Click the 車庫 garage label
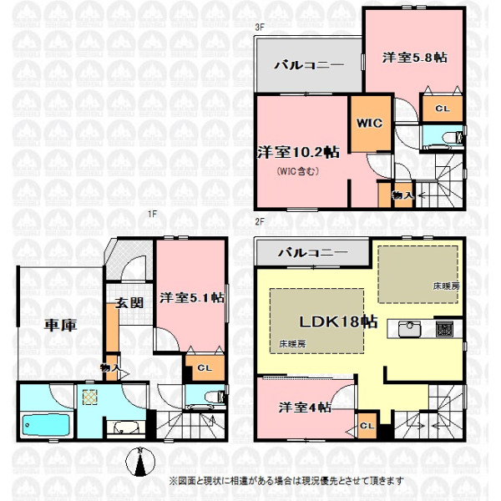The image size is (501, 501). click(x=60, y=326)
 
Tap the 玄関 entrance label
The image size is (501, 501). click(x=129, y=302)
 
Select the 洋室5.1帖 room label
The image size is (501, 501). click(x=192, y=298)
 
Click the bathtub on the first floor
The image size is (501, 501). click(x=46, y=425)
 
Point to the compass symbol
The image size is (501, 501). click(x=140, y=462)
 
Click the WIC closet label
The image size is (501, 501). click(x=369, y=123)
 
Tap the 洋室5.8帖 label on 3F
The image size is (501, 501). click(x=415, y=58)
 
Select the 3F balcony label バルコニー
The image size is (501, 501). click(x=309, y=65)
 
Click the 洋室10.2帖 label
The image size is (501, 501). click(x=298, y=152)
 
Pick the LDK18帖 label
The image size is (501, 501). click(x=338, y=321)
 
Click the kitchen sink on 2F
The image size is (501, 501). click(x=409, y=329)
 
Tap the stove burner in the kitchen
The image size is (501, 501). click(x=444, y=329)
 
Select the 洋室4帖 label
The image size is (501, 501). click(x=305, y=407)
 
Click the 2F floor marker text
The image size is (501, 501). click(x=260, y=222)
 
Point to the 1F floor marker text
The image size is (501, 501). click(x=153, y=214)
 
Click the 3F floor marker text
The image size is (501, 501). click(x=260, y=28)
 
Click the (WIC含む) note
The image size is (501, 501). click(x=298, y=171)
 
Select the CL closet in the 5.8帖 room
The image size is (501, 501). click(x=443, y=109)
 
